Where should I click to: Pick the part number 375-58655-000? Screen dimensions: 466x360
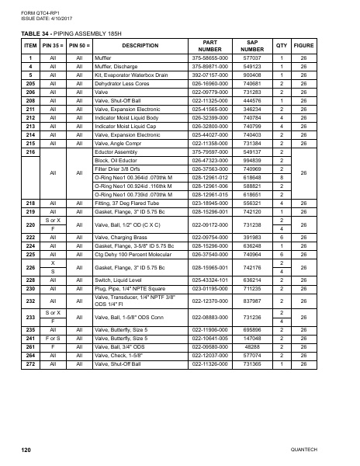209,58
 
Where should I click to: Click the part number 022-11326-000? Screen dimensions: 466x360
209,363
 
